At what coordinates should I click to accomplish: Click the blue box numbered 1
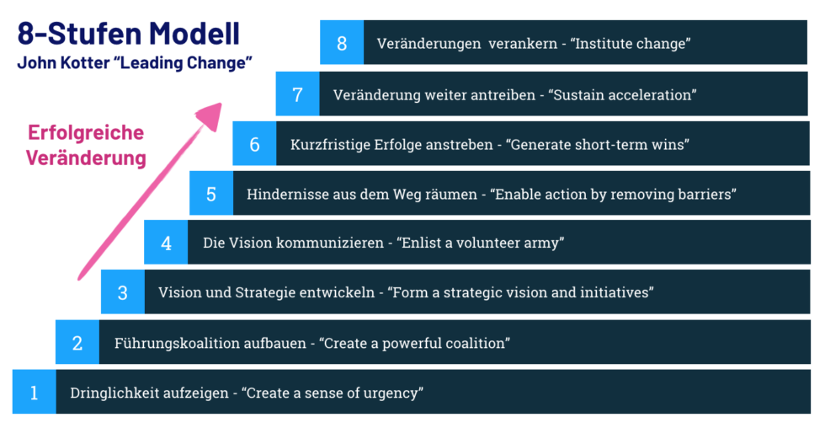click(x=35, y=392)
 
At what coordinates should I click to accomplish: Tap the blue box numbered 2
click(x=77, y=342)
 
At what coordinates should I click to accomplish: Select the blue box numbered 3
click(x=123, y=292)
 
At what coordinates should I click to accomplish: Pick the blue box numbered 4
click(x=167, y=243)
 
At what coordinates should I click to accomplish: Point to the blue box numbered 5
click(x=211, y=194)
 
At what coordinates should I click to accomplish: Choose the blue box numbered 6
click(x=254, y=144)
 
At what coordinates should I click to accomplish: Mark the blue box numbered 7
click(x=298, y=94)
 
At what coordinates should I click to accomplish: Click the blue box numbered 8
click(x=342, y=43)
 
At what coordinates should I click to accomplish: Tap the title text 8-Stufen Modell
click(x=129, y=34)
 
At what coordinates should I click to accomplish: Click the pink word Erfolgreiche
click(x=86, y=132)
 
